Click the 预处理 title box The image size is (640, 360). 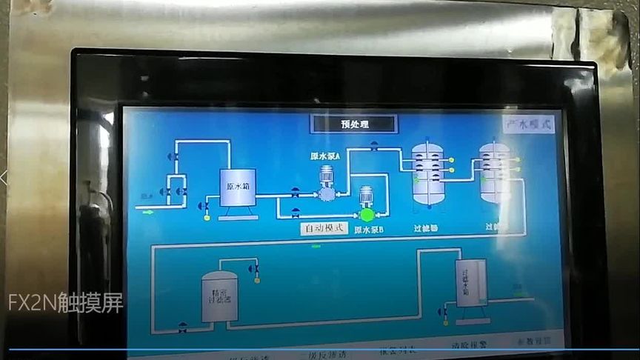pos(354,124)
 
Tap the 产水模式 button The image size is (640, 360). pos(530,124)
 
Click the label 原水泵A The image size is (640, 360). pos(324,156)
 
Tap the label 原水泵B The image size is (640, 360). pos(368,230)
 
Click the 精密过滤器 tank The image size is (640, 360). pos(220,296)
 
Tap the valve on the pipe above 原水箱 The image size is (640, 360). pos(173,156)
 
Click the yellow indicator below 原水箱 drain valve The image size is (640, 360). pos(207,217)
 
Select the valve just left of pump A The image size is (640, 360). pos(296,193)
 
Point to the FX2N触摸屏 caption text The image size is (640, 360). pos(66,303)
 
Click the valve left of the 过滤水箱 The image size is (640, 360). pos(444,312)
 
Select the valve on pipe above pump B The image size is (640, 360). pos(374,146)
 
